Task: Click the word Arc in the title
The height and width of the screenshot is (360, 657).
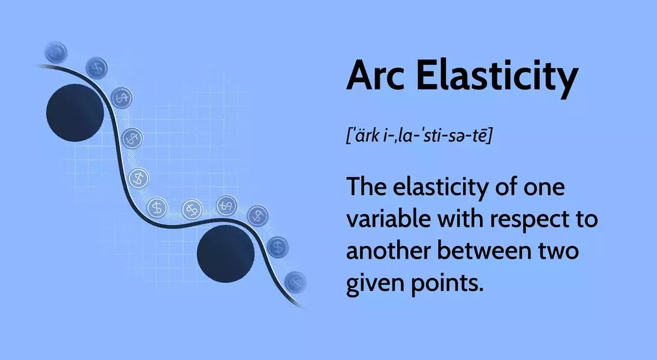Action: click(376, 76)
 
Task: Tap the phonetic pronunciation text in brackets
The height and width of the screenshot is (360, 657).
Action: click(419, 136)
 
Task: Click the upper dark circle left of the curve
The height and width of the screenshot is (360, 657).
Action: click(75, 112)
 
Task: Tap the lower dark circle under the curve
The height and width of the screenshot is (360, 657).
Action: click(226, 254)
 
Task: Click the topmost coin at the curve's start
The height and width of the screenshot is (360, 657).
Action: click(56, 52)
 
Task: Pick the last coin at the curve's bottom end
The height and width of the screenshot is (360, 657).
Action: click(295, 282)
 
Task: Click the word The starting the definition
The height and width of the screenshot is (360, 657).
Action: click(365, 187)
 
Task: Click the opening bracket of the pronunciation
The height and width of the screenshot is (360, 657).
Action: click(349, 136)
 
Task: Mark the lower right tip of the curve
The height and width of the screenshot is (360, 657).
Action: click(301, 307)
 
